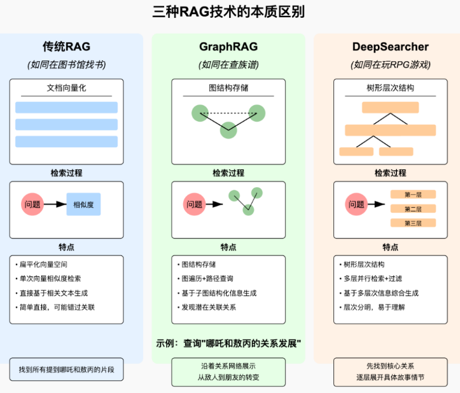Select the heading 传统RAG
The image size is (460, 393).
tap(67, 46)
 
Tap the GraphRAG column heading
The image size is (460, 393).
tap(228, 46)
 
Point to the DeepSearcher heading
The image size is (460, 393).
tap(390, 46)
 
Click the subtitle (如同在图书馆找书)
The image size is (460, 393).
tap(67, 64)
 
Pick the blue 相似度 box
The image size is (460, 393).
tap(84, 204)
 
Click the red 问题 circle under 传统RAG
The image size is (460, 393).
tap(33, 204)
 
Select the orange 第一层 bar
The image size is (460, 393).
tap(413, 194)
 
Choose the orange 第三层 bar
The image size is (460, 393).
tap(413, 223)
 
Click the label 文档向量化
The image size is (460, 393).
tap(67, 88)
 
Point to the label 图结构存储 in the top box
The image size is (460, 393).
tap(228, 88)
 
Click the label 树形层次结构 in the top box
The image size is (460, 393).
tap(390, 88)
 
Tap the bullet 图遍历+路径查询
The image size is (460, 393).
tap(208, 278)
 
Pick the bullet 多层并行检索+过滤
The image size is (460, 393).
tap(373, 278)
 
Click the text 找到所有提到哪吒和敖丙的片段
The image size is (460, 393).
tap(67, 369)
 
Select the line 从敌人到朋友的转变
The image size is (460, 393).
tap(228, 377)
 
